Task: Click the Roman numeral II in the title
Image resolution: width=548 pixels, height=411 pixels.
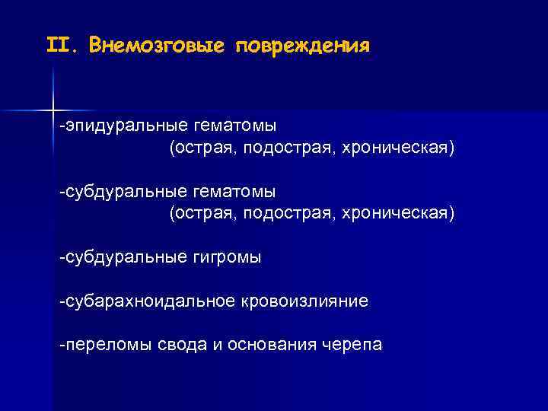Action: coord(59,46)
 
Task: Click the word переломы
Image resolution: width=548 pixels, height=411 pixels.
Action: coord(107,346)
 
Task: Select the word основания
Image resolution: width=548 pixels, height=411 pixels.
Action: coord(270,346)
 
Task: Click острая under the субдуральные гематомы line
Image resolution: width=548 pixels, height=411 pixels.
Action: coord(204,212)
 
